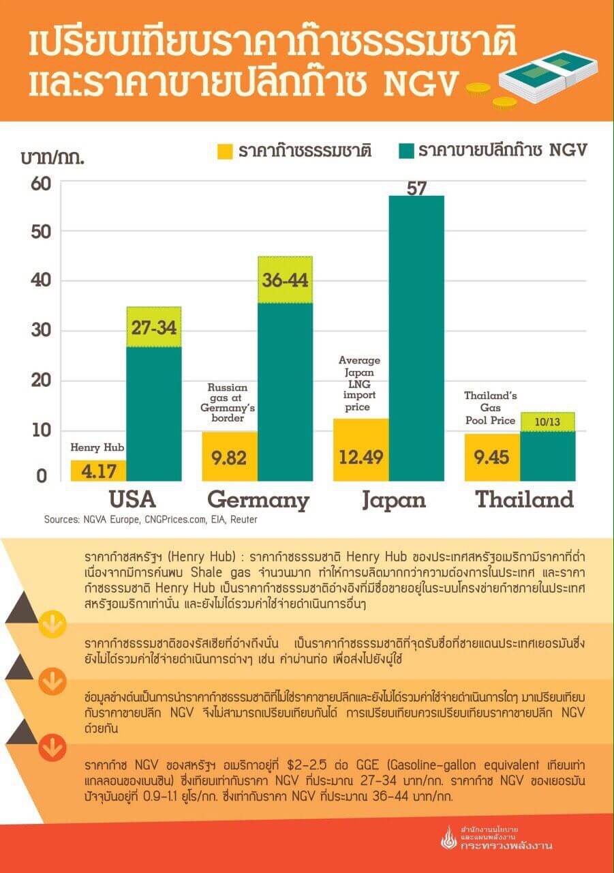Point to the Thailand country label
[x=524, y=500]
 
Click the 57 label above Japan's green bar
[x=416, y=188]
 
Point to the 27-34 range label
[x=153, y=327]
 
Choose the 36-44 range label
[x=284, y=280]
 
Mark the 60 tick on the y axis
[x=42, y=183]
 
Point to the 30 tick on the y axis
[x=42, y=331]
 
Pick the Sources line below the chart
[x=151, y=520]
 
